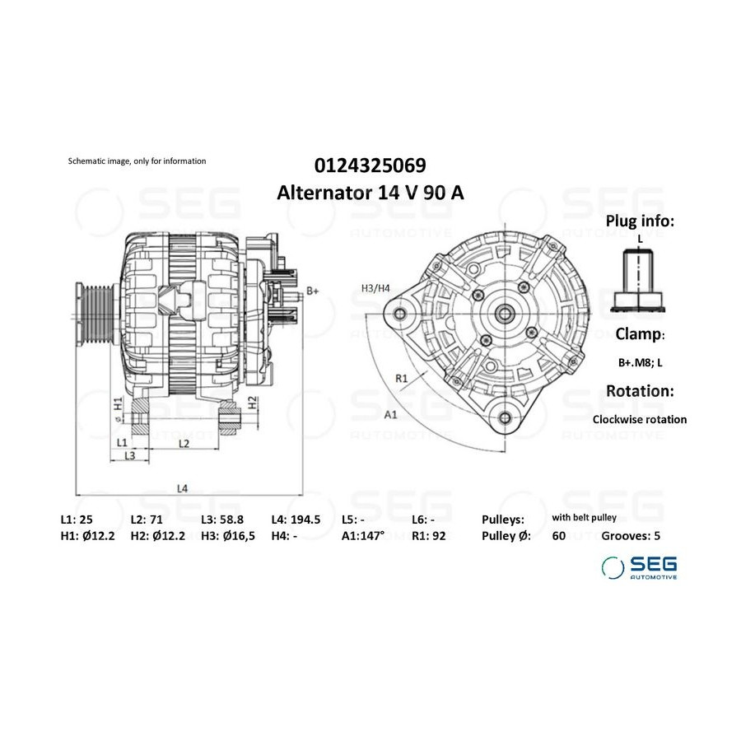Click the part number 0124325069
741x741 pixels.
[x=370, y=165]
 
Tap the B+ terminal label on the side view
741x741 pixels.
[x=312, y=291]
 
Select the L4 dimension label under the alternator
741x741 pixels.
[x=183, y=488]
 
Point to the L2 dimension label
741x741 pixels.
[x=184, y=443]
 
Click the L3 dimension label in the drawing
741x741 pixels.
[x=130, y=455]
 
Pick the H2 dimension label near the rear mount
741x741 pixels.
[x=253, y=402]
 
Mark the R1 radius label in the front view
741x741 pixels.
[x=401, y=378]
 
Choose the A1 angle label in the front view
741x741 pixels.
[x=390, y=415]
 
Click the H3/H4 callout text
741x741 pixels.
[x=375, y=288]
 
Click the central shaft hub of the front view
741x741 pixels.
[x=505, y=313]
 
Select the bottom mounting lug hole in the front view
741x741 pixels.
[x=505, y=417]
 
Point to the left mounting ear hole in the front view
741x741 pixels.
[x=400, y=314]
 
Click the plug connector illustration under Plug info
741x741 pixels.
[x=638, y=281]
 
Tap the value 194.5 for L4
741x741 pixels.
[x=305, y=520]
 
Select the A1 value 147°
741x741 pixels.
[x=370, y=535]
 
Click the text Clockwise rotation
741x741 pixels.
[x=640, y=419]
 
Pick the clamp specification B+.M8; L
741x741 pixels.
[x=641, y=362]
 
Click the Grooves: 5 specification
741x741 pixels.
[x=631, y=535]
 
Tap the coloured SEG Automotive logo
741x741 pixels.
[x=639, y=567]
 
